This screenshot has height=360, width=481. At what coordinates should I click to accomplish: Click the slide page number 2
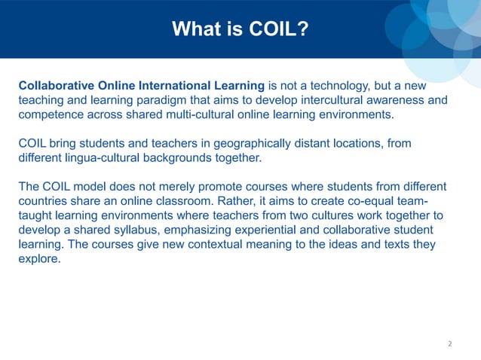449,343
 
